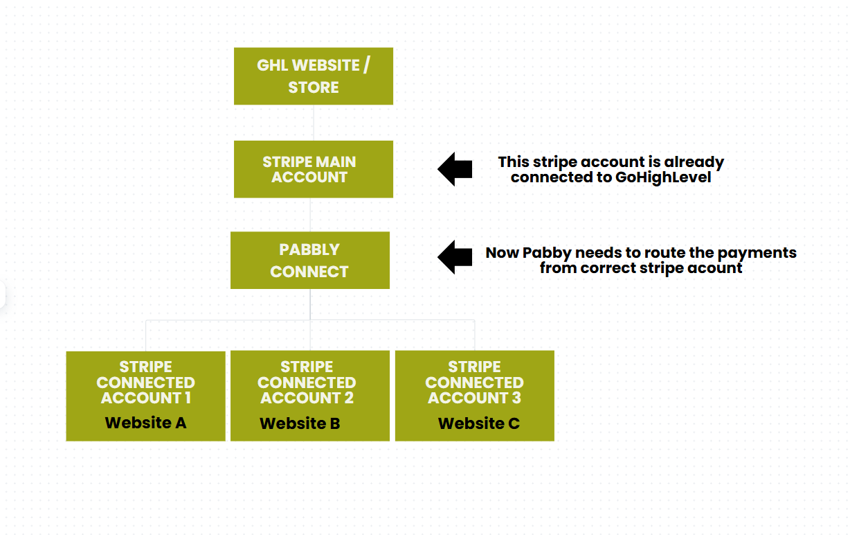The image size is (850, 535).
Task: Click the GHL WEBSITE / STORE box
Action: point(314,76)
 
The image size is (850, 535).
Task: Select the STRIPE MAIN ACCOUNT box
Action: point(314,169)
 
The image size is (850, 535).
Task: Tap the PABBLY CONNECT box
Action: point(310,261)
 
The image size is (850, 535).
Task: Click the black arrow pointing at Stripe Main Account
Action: point(455,169)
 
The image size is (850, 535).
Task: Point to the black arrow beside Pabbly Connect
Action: point(455,257)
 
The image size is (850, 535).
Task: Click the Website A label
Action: point(146,423)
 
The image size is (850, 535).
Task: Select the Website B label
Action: point(300,423)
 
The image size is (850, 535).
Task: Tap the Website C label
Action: point(479,423)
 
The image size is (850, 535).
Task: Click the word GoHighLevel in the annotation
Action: point(663,177)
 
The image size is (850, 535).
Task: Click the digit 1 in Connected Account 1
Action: point(188,398)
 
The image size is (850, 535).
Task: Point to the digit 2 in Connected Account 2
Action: point(349,398)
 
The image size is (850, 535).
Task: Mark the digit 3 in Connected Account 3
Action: point(516,398)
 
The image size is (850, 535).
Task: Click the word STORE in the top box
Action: point(314,87)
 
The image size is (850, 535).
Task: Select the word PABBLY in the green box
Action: point(309,249)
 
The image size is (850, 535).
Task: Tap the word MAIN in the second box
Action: point(336,162)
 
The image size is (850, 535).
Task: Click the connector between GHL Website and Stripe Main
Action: point(314,123)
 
